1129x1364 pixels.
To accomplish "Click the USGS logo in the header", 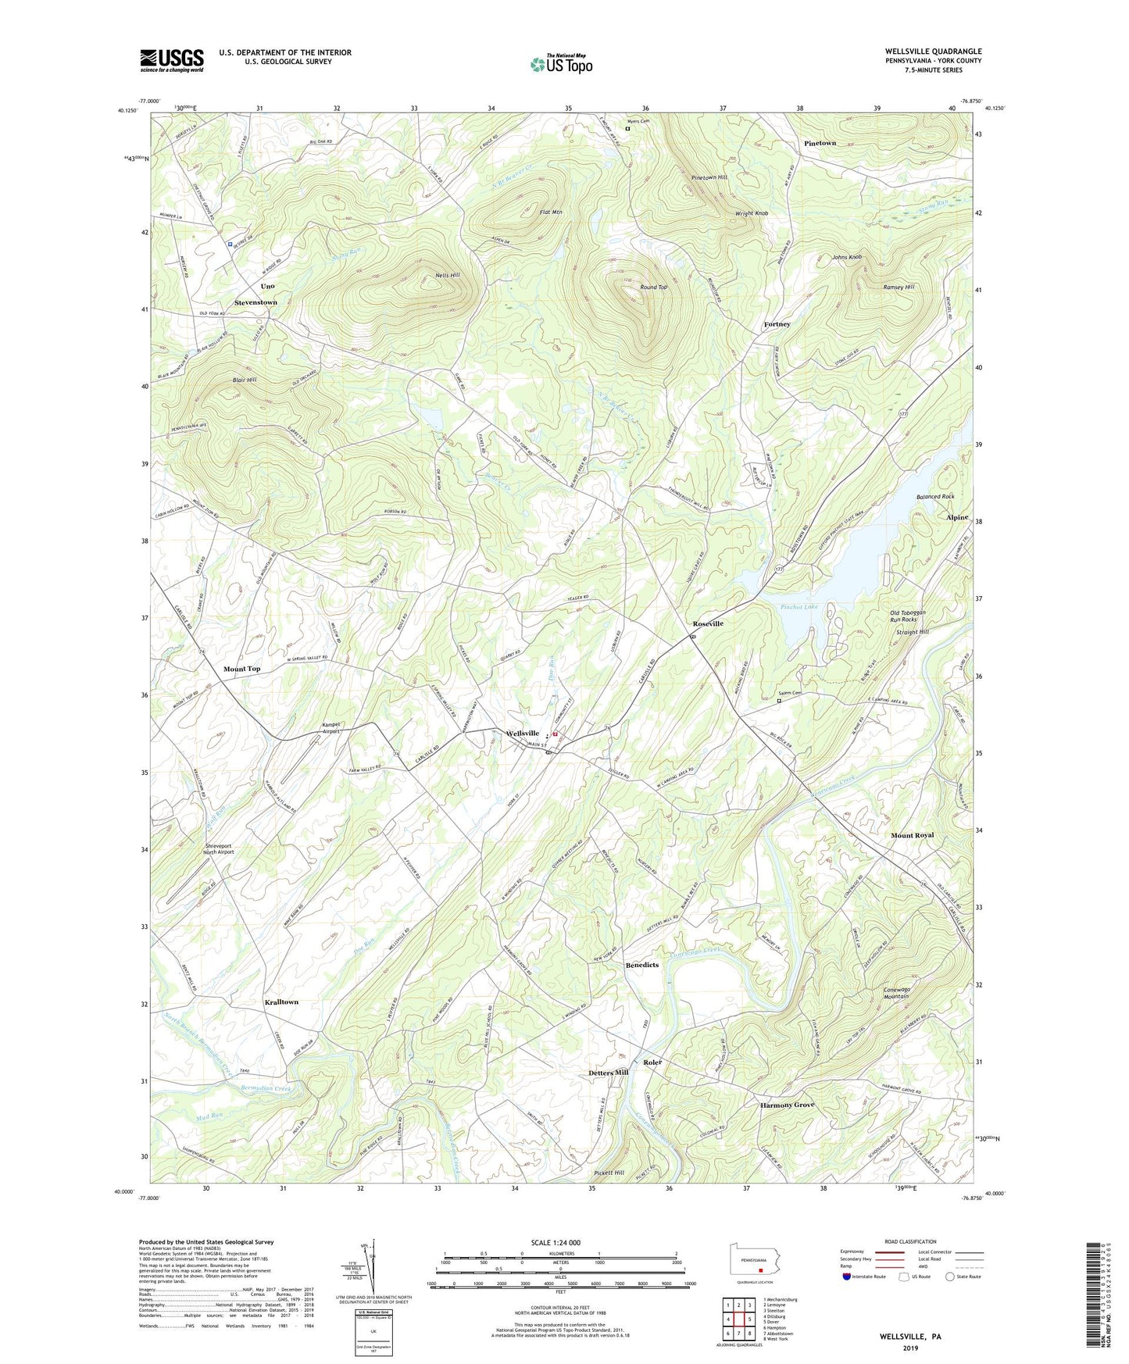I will coord(172,59).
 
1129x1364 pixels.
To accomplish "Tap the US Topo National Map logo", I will coord(561,63).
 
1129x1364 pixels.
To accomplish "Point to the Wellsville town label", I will coord(522,734).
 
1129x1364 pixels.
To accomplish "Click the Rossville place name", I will coord(708,623).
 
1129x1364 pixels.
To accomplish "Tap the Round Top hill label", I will coord(653,287).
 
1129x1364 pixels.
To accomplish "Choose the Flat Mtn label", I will coord(551,212).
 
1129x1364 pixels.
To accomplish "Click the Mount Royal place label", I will coord(912,835).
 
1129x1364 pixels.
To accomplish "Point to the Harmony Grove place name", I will coord(787,1105).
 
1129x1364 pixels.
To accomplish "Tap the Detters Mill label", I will coord(608,1073).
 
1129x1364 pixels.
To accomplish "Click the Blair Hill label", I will coord(244,380).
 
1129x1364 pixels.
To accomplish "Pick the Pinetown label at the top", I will coord(820,143).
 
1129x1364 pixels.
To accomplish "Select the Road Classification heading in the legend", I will coord(911,1241).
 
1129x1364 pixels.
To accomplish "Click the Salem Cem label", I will coord(790,693).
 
